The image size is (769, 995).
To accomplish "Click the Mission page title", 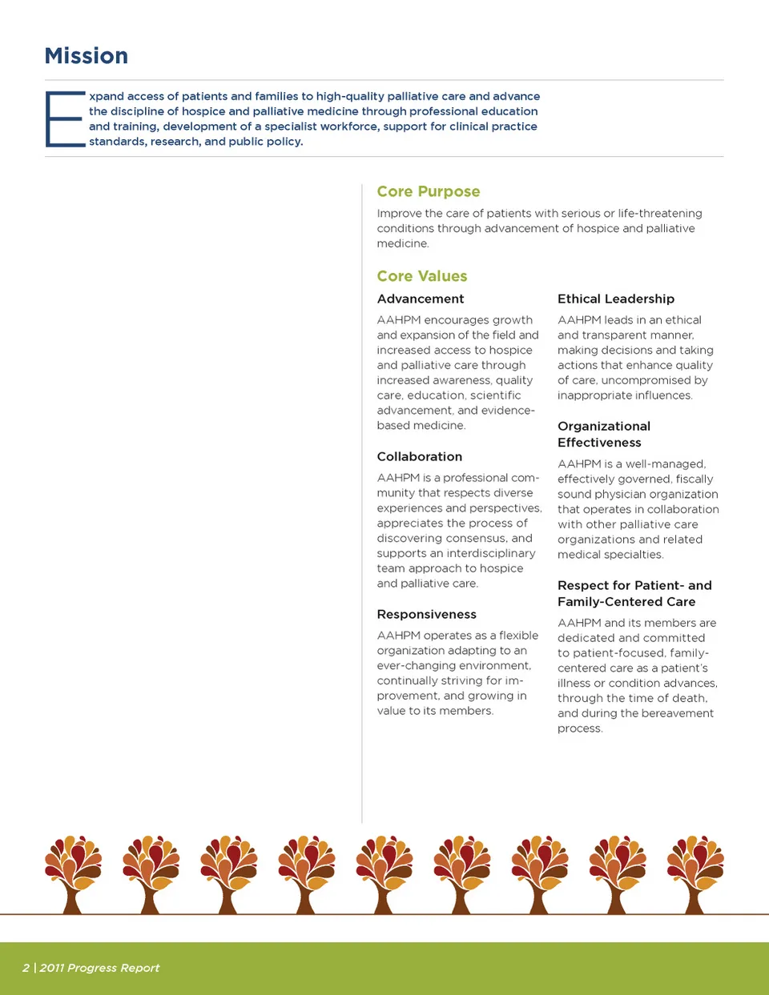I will point(86,56).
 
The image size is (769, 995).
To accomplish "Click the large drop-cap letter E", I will point(65,119).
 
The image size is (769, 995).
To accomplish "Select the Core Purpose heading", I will point(429,191).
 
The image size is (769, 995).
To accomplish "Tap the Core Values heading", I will point(422,276).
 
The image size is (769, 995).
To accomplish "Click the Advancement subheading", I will point(421,299).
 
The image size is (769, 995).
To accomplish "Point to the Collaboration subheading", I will point(420,456).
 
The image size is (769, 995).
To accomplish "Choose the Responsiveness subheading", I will point(427,614).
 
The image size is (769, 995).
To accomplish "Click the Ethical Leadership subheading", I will point(616,299).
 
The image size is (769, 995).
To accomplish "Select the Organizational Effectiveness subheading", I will point(604,434).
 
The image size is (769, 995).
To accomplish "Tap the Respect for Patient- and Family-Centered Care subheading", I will point(634,593).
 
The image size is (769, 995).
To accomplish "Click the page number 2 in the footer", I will point(26,968).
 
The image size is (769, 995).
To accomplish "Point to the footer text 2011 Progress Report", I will point(99,968).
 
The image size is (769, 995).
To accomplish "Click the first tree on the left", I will point(73,873).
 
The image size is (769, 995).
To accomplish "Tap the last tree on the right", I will point(695,873).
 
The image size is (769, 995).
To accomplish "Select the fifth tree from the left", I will point(384,873).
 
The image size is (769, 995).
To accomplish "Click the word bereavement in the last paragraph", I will point(677,713).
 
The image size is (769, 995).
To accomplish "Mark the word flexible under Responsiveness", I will point(518,635).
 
